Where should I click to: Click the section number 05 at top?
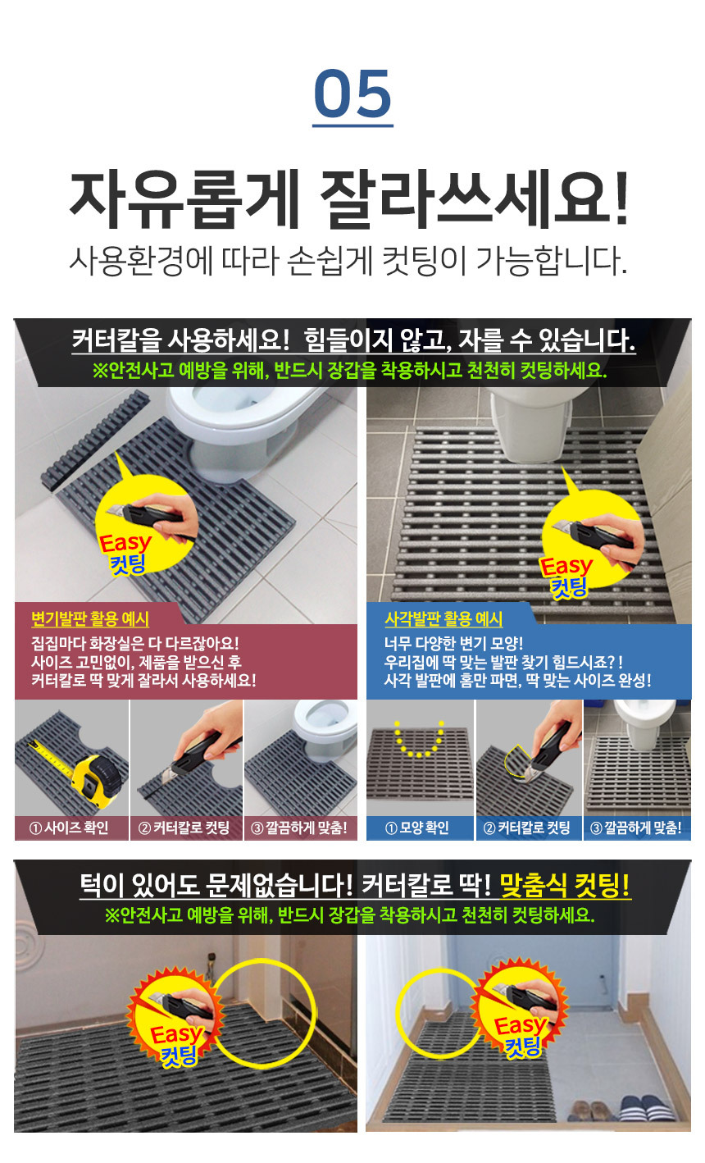352,94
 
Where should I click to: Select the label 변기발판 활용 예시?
90,619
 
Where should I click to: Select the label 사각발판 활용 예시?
443,619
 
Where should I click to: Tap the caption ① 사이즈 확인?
71,828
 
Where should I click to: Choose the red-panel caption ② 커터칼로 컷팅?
186,828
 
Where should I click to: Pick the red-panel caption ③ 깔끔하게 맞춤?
301,828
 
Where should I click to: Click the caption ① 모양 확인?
420,828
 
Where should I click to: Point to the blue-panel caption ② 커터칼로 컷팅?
529,828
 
